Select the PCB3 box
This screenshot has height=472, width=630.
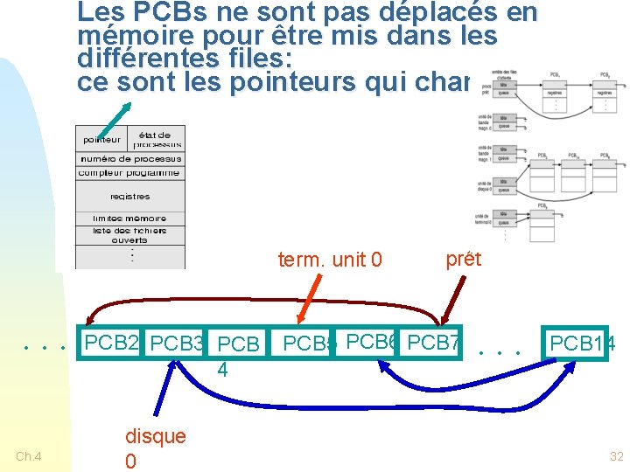coord(176,344)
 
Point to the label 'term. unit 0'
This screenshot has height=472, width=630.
coord(330,260)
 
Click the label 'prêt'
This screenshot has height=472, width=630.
coord(463,259)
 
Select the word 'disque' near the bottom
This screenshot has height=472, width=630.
coord(156,436)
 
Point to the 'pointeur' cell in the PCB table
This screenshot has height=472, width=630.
coord(102,140)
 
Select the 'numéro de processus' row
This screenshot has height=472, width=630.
coord(130,159)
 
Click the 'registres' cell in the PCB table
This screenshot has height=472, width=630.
coord(130,197)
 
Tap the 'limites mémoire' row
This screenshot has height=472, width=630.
coord(130,219)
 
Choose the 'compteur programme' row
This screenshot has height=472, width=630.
coord(130,173)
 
